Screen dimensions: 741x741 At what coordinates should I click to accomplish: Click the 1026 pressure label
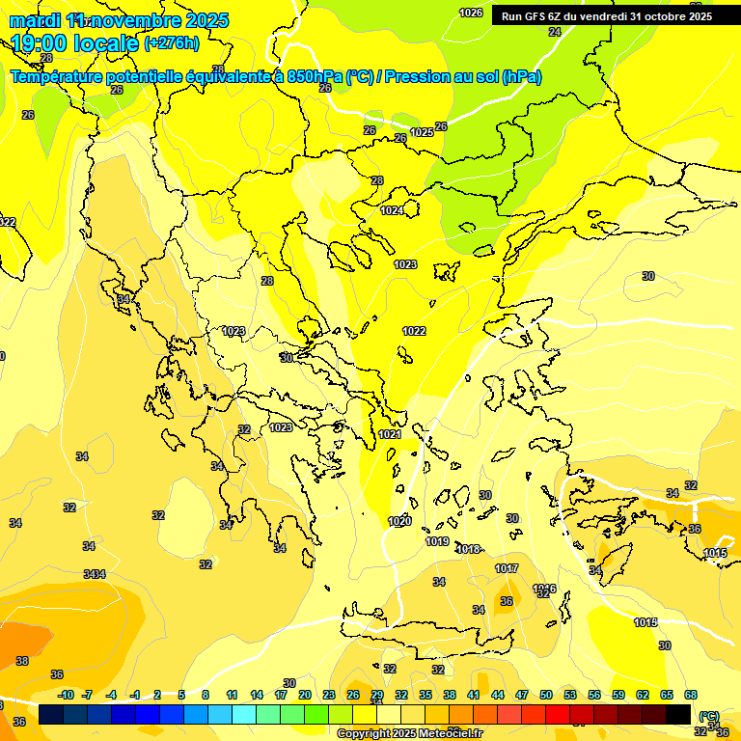[471, 13]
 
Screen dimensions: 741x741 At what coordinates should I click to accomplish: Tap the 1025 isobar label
[422, 132]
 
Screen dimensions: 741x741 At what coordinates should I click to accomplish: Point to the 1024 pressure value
[392, 210]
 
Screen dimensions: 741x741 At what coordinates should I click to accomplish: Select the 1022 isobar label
[414, 331]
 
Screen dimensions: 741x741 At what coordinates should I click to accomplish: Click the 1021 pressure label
[390, 435]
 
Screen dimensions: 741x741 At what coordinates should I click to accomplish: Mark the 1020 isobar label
[399, 521]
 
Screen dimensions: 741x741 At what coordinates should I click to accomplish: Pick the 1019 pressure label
[437, 541]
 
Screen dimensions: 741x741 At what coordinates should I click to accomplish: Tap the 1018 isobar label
[468, 549]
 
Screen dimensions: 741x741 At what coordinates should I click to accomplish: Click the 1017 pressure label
[507, 568]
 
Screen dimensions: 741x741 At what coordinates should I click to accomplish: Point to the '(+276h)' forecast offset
[172, 43]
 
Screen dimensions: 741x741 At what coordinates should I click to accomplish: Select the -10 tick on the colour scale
[66, 695]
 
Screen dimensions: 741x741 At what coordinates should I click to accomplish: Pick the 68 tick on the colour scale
[691, 695]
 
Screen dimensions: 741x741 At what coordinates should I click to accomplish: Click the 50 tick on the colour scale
[546, 695]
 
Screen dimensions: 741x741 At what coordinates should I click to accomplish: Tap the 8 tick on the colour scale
[206, 695]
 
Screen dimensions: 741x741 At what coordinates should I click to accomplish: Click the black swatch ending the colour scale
[678, 714]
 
